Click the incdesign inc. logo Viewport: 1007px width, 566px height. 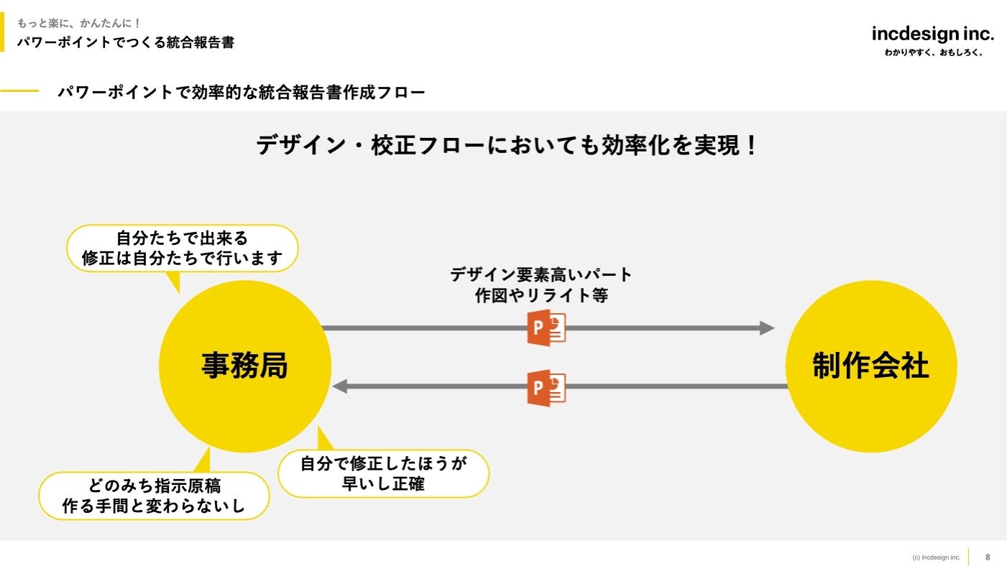pyautogui.click(x=933, y=34)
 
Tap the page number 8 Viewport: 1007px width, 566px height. pyautogui.click(x=988, y=557)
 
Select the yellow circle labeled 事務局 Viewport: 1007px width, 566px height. pyautogui.click(x=244, y=366)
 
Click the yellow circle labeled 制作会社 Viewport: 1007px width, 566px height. pyautogui.click(x=871, y=366)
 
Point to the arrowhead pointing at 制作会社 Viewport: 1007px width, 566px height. pyautogui.click(x=767, y=328)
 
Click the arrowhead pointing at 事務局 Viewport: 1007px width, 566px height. pyautogui.click(x=340, y=386)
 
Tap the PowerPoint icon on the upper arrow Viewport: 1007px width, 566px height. pyautogui.click(x=546, y=328)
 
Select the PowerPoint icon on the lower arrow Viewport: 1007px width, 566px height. pyautogui.click(x=546, y=388)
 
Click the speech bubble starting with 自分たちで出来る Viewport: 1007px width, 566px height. pyautogui.click(x=182, y=248)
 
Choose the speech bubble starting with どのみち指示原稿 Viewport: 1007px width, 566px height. pyautogui.click(x=155, y=496)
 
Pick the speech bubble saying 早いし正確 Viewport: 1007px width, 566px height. pyautogui.click(x=383, y=474)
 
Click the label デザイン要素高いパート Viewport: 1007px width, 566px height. pyautogui.click(x=541, y=274)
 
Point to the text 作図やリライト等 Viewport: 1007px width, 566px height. pyautogui.click(x=541, y=295)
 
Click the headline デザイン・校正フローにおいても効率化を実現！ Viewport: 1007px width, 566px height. pyautogui.click(x=507, y=146)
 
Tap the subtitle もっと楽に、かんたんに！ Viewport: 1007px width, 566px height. pyautogui.click(x=79, y=23)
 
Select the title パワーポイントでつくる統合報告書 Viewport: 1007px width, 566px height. pyautogui.click(x=126, y=42)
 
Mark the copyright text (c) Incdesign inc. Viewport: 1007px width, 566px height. pyautogui.click(x=936, y=557)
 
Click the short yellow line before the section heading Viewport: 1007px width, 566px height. pyautogui.click(x=19, y=92)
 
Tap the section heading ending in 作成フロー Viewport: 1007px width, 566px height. pyautogui.click(x=242, y=93)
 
